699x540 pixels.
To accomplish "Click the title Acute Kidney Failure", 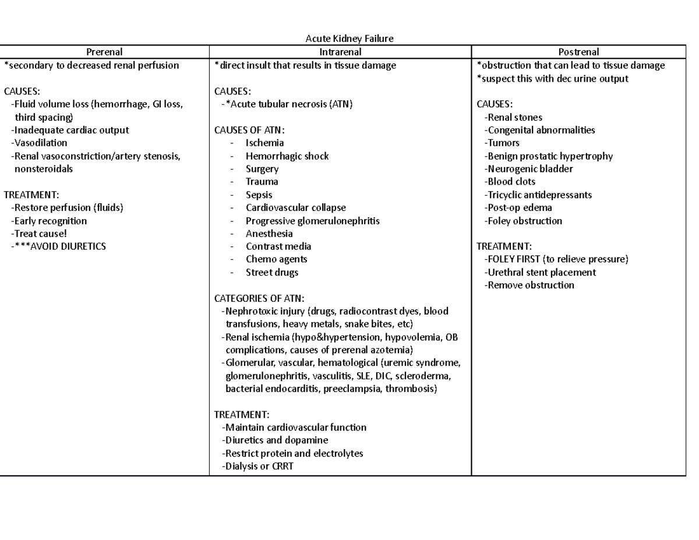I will pos(349,39).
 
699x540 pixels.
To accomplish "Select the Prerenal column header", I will pos(105,52).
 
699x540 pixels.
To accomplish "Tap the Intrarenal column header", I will pos(340,52).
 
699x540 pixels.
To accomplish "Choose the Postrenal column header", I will pos(578,52).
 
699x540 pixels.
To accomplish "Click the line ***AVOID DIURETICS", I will pos(58,246).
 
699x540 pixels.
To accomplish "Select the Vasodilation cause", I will pos(39,143).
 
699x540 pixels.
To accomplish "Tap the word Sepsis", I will pos(259,195).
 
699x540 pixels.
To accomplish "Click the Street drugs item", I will pos(271,272).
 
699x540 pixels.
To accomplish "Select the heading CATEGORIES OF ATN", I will pos(259,298).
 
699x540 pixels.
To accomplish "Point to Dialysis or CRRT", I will pos(257,466).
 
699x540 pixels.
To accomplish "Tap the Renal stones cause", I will pos(513,117).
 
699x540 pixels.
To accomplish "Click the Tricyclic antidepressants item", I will pos(538,195).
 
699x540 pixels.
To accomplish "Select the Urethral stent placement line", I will pos(540,272).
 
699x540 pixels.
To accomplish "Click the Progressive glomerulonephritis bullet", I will pos(312,221).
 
